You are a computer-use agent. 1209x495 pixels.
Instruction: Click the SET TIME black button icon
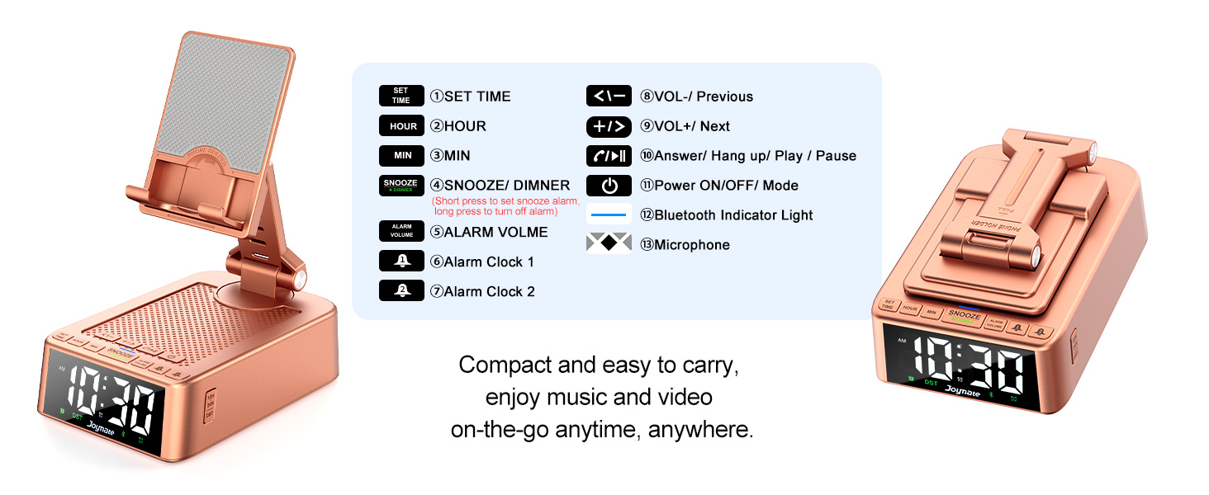401,96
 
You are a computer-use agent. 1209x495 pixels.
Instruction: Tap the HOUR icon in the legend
401,126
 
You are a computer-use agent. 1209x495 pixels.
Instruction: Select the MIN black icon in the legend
401,156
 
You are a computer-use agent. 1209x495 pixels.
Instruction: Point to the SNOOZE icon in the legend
401,185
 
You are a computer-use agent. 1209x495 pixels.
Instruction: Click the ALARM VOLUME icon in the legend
401,232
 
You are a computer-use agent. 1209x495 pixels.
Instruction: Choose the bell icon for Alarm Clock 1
401,262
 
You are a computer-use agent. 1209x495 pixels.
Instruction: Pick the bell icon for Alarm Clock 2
401,291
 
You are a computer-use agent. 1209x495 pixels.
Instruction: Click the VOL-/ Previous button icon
609,96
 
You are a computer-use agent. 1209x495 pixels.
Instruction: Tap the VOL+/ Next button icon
609,126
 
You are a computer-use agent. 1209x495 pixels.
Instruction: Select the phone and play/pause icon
609,156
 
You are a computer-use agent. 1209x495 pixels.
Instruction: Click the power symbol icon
609,186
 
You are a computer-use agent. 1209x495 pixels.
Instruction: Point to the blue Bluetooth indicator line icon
609,215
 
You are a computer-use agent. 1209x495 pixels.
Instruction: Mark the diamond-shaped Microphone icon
609,244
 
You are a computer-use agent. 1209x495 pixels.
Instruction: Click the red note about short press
506,206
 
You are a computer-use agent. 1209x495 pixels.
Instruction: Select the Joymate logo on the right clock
962,392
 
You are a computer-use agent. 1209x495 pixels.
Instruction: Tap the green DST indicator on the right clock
931,382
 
